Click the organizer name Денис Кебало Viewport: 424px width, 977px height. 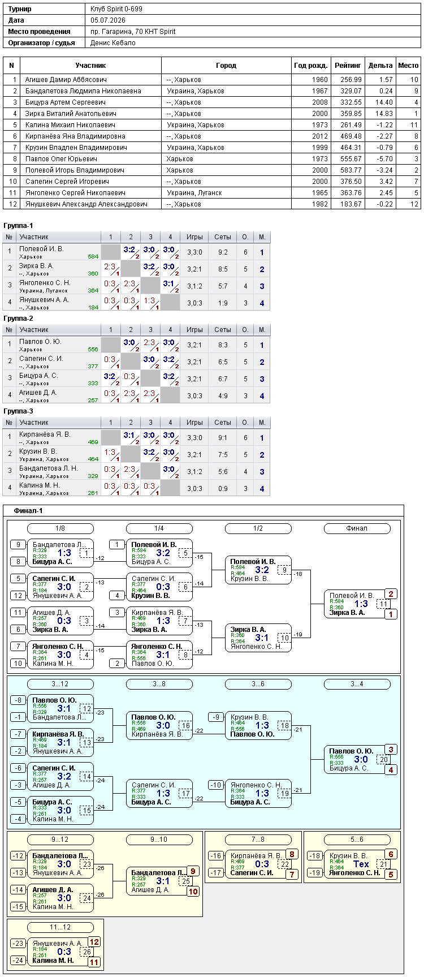click(x=113, y=43)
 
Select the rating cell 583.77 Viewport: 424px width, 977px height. click(x=351, y=170)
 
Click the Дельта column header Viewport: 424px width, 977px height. click(x=380, y=66)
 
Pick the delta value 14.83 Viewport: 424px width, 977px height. click(x=384, y=114)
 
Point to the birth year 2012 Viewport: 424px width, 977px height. click(x=320, y=136)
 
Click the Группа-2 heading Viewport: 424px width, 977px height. click(x=18, y=319)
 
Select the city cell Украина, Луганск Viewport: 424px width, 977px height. click(x=194, y=193)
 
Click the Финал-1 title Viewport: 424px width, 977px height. click(x=28, y=511)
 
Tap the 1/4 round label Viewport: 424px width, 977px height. click(x=159, y=528)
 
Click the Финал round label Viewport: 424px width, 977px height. click(x=357, y=528)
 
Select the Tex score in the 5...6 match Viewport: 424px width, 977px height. click(x=361, y=864)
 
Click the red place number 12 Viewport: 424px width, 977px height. click(x=94, y=942)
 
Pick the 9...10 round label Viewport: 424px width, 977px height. click(x=159, y=840)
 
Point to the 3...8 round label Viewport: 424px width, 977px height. click(x=159, y=684)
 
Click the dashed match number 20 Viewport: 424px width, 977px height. click(x=384, y=760)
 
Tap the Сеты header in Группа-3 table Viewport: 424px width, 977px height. click(x=223, y=423)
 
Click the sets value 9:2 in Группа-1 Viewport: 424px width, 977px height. click(x=223, y=252)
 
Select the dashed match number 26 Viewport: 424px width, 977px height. click(x=87, y=952)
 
